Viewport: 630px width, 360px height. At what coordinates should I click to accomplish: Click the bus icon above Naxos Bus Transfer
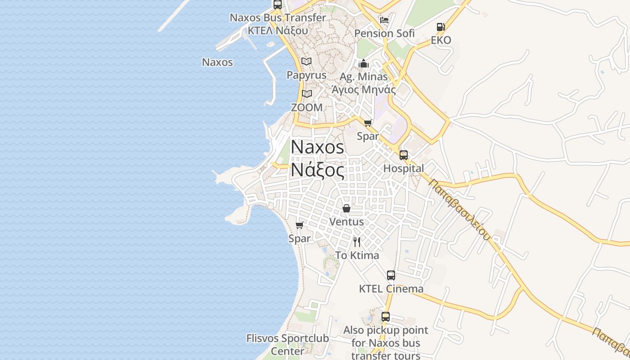278,5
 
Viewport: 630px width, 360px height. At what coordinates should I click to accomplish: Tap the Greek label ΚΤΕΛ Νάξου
278,31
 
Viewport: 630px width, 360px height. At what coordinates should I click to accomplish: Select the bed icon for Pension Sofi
384,20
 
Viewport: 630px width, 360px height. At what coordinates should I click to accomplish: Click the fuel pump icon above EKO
441,27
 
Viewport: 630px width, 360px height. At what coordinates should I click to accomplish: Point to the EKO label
441,40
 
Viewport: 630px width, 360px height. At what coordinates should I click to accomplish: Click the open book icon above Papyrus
306,62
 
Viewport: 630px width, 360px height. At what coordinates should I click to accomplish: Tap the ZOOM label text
306,108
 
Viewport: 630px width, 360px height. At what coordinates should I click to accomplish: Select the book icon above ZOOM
307,94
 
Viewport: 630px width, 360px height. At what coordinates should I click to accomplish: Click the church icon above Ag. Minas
364,63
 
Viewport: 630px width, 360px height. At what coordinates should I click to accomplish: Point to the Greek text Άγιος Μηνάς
364,90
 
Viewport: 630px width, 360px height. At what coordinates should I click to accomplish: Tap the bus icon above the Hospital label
404,155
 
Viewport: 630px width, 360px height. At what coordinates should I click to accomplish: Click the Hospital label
404,168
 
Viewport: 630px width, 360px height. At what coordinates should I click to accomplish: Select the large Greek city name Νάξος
318,171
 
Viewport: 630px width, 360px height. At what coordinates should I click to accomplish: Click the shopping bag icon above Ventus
346,208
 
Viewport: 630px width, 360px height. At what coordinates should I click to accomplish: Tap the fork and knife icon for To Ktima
357,242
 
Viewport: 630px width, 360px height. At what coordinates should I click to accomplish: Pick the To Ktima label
357,256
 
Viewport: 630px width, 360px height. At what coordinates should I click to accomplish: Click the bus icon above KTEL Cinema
391,275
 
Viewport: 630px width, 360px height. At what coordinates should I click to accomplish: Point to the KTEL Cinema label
391,289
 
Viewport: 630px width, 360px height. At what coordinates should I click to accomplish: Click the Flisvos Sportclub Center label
288,344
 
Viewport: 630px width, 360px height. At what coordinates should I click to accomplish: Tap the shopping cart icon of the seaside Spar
300,225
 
